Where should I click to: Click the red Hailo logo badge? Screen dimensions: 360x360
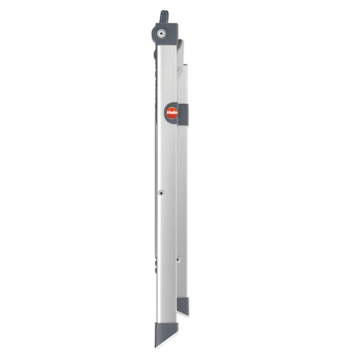tap(172, 112)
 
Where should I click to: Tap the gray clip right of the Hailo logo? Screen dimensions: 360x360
tap(183, 114)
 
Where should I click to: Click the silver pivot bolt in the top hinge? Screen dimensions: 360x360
tap(162, 33)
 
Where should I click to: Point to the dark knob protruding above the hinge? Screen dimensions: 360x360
tap(164, 16)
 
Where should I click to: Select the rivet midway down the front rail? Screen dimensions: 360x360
tap(161, 193)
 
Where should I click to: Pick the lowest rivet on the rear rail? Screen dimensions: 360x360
tap(178, 259)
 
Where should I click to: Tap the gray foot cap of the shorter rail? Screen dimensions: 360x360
tap(182, 305)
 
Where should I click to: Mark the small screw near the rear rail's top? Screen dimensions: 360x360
tap(179, 71)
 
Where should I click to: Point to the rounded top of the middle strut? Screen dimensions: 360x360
tap(180, 43)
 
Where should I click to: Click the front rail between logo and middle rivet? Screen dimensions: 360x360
tap(166, 153)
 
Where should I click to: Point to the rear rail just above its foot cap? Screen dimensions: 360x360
tap(182, 291)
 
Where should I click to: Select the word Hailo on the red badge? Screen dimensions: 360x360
tap(172, 112)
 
